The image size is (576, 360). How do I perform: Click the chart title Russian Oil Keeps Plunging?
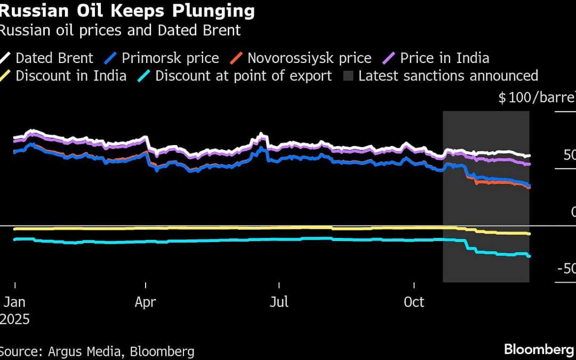pyautogui.click(x=127, y=11)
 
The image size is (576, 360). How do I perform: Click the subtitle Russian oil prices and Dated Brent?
pyautogui.click(x=120, y=30)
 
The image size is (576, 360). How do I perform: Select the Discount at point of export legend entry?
pyautogui.click(x=243, y=76)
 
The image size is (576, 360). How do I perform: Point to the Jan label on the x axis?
pyautogui.click(x=14, y=302)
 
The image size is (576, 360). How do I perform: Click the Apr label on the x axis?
pyautogui.click(x=145, y=302)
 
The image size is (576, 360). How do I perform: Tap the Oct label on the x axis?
pyautogui.click(x=414, y=302)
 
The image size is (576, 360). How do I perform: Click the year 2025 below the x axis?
pyautogui.click(x=15, y=319)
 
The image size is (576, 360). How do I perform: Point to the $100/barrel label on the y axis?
pyautogui.click(x=536, y=98)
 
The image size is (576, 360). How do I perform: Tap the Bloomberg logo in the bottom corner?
pyautogui.click(x=539, y=349)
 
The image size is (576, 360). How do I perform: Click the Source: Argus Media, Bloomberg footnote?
pyautogui.click(x=97, y=351)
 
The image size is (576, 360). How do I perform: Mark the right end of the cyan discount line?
pyautogui.click(x=529, y=257)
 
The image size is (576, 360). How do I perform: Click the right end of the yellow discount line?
pyautogui.click(x=529, y=234)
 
